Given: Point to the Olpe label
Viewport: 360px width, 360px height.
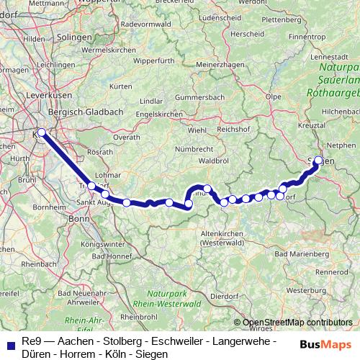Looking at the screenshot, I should click(273, 95).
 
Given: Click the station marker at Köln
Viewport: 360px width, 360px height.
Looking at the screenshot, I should click(42, 132).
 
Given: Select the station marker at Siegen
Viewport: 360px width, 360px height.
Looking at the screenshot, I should click(318, 161).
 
